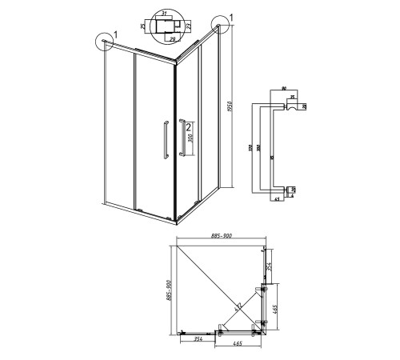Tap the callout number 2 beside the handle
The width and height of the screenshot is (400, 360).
[x=187, y=126]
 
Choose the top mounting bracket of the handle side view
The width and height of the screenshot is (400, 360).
[x=286, y=107]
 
